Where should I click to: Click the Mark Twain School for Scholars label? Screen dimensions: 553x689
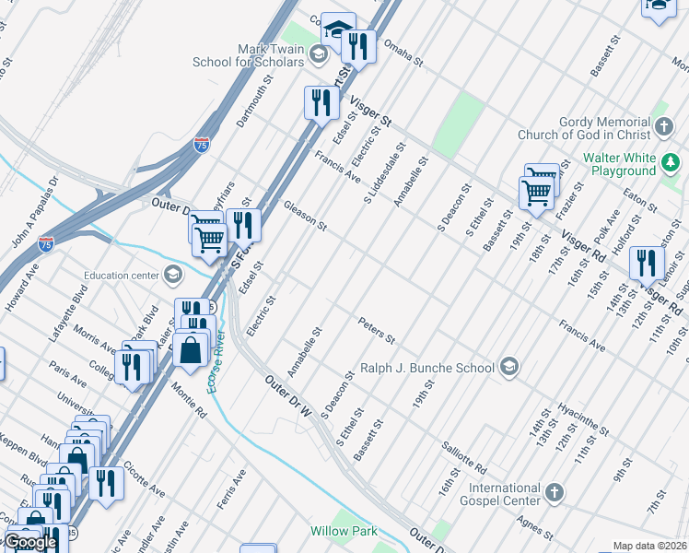(x=247, y=54)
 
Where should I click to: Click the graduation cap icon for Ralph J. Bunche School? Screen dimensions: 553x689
(x=508, y=368)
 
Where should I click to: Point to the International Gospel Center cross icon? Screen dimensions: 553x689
(x=553, y=493)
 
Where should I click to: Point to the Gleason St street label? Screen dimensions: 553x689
(x=305, y=215)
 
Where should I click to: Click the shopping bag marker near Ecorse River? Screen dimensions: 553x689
(x=191, y=351)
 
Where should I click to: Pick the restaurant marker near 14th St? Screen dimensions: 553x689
(x=647, y=263)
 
